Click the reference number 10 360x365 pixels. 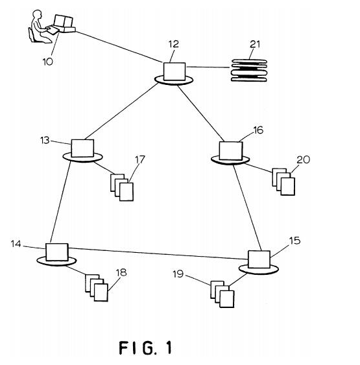[48, 62]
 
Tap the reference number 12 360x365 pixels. [174, 44]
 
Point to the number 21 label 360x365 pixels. [255, 44]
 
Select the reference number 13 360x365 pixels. [45, 141]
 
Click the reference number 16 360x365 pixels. [258, 130]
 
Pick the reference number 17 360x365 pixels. [140, 159]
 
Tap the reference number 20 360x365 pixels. [303, 159]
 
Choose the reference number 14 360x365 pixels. [16, 244]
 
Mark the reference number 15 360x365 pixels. [294, 241]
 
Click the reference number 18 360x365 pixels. [121, 272]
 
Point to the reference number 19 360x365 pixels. [178, 274]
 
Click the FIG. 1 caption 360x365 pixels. [145, 347]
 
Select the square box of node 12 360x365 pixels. [174, 71]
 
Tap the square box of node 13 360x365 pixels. [82, 148]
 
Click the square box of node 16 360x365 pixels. [231, 151]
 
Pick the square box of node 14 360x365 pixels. [57, 252]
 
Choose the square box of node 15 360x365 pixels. [259, 259]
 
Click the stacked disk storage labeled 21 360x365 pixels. [248, 70]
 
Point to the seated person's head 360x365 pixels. [37, 14]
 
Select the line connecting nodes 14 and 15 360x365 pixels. [158, 253]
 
